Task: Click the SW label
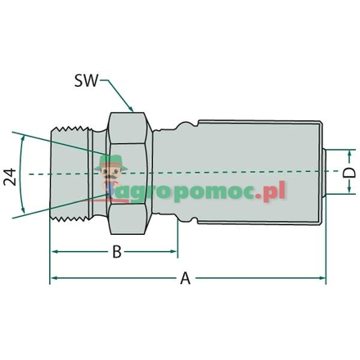point(85,81)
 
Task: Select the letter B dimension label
point(117,253)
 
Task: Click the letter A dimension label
point(186,280)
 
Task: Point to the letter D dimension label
point(348,173)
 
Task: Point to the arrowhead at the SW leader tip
point(132,108)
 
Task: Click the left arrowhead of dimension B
point(56,252)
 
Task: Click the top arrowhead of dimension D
point(348,153)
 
